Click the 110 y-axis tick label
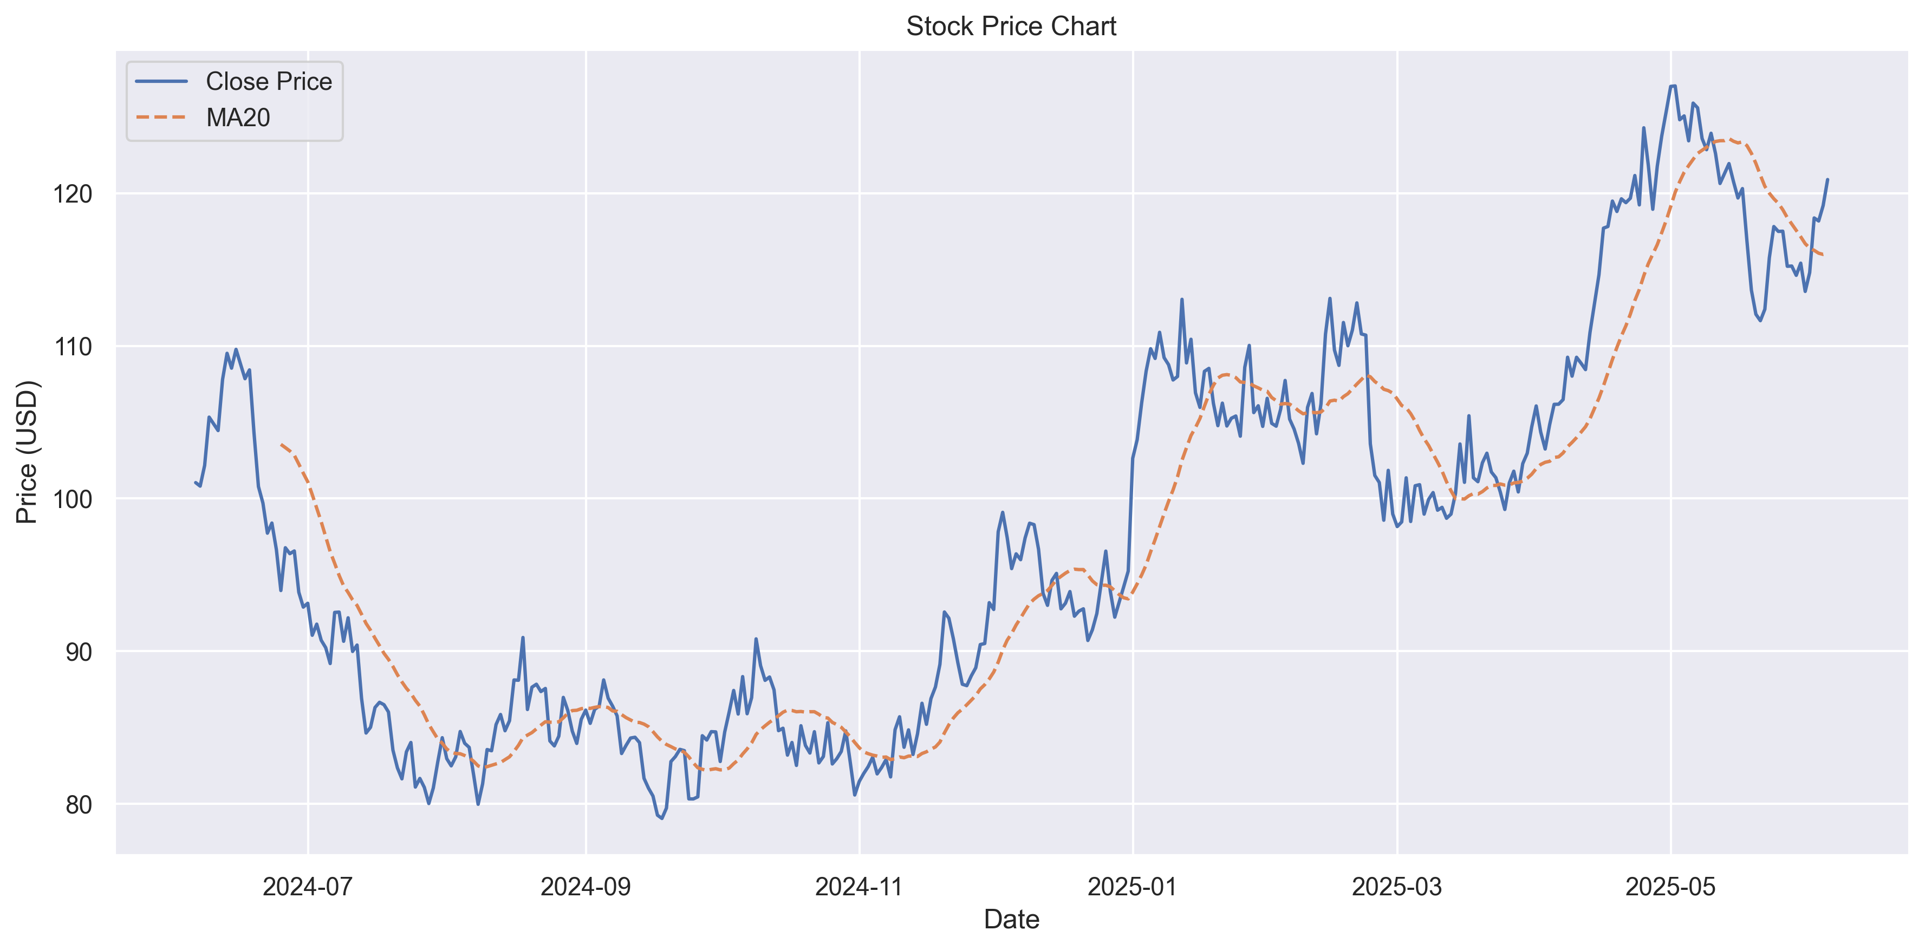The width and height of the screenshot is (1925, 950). pyautogui.click(x=73, y=347)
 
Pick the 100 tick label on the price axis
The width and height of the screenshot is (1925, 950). pyautogui.click(x=73, y=499)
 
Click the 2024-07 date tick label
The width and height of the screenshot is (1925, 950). pyautogui.click(x=307, y=887)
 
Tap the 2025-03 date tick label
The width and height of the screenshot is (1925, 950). pyautogui.click(x=1397, y=887)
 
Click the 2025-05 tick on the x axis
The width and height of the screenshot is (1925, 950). pyautogui.click(x=1670, y=887)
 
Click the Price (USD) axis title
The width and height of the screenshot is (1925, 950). pyautogui.click(x=27, y=452)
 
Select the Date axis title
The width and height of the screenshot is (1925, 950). pyautogui.click(x=1011, y=919)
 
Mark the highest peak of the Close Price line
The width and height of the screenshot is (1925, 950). pyautogui.click(x=1673, y=86)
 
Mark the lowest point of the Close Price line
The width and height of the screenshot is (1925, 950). pyautogui.click(x=661, y=818)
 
